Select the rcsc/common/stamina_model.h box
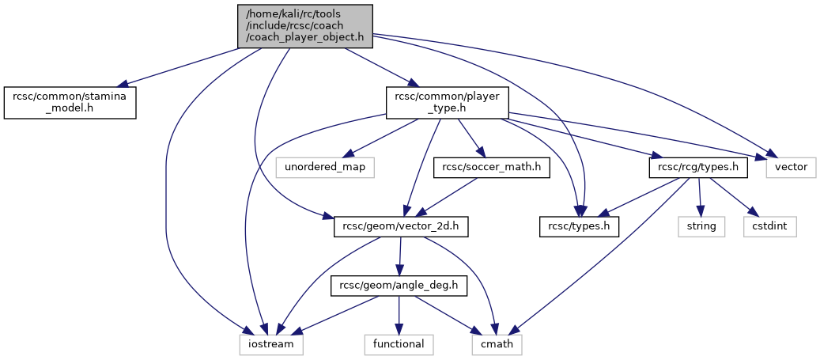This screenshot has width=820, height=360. pyautogui.click(x=70, y=103)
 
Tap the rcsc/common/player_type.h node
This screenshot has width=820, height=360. pyautogui.click(x=446, y=103)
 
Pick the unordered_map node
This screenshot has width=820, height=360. pyautogui.click(x=324, y=168)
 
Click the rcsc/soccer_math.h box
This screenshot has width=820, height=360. pyautogui.click(x=491, y=168)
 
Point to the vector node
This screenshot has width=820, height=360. pyautogui.click(x=791, y=168)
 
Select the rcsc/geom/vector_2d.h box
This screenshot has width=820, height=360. pyautogui.click(x=402, y=226)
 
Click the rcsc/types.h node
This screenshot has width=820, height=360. pyautogui.click(x=579, y=226)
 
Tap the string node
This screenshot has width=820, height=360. pyautogui.click(x=701, y=226)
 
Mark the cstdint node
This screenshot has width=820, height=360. pyautogui.click(x=769, y=226)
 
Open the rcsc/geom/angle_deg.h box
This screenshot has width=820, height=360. pyautogui.click(x=399, y=286)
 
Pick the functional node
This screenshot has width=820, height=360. pyautogui.click(x=399, y=344)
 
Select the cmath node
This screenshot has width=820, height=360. pyautogui.click(x=497, y=344)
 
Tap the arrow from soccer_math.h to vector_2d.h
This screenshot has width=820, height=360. pyautogui.click(x=447, y=197)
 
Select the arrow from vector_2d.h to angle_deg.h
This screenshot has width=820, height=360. pyautogui.click(x=400, y=256)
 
